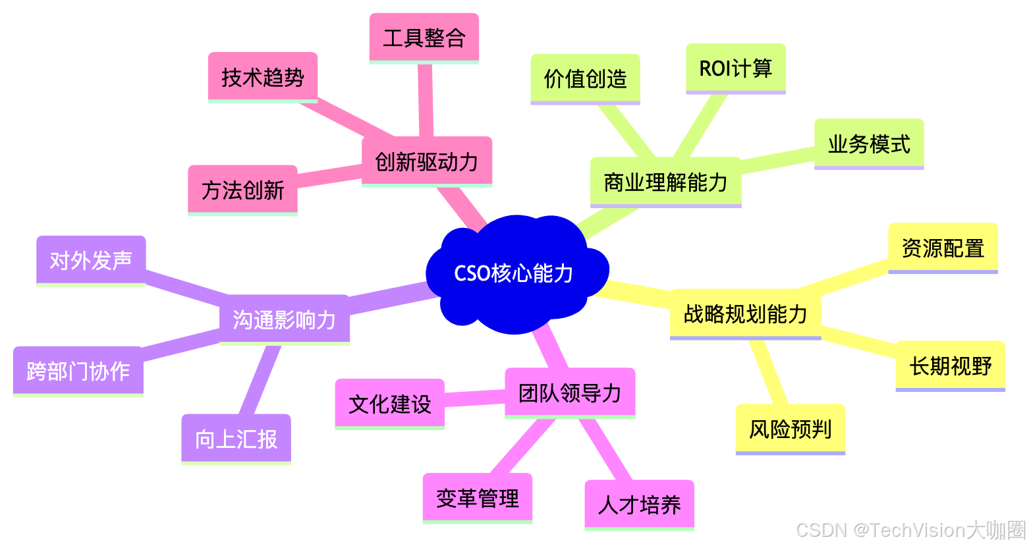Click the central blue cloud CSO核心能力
(514, 273)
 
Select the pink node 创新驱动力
(427, 161)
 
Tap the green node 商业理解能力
(665, 182)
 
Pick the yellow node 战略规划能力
(745, 314)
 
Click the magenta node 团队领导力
(570, 393)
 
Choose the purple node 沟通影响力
(284, 319)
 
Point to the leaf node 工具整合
(424, 38)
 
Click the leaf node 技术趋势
(263, 77)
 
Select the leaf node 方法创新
(242, 190)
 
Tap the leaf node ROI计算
(735, 68)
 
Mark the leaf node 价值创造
(585, 78)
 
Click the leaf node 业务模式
(869, 144)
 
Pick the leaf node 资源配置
(943, 248)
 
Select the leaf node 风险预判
(790, 429)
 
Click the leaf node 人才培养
(639, 505)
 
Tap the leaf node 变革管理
(477, 498)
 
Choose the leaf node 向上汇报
(236, 439)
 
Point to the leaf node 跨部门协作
(78, 371)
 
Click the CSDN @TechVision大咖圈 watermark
(910, 530)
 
